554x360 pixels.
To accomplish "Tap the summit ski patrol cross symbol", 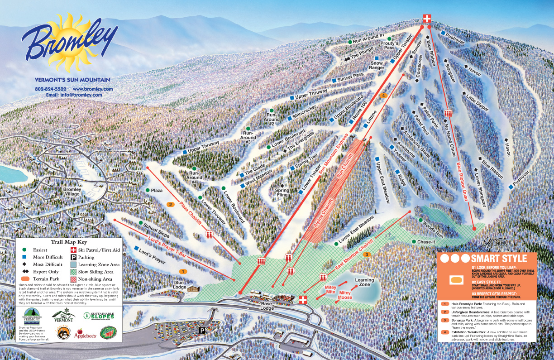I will pyautogui.click(x=426, y=18).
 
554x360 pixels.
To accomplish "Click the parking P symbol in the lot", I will pyautogui.click(x=202, y=331).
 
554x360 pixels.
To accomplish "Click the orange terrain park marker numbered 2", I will pyautogui.click(x=171, y=204).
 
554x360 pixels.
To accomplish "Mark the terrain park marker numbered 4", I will pyautogui.click(x=383, y=96).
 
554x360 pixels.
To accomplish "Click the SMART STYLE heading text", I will pyautogui.click(x=499, y=259).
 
